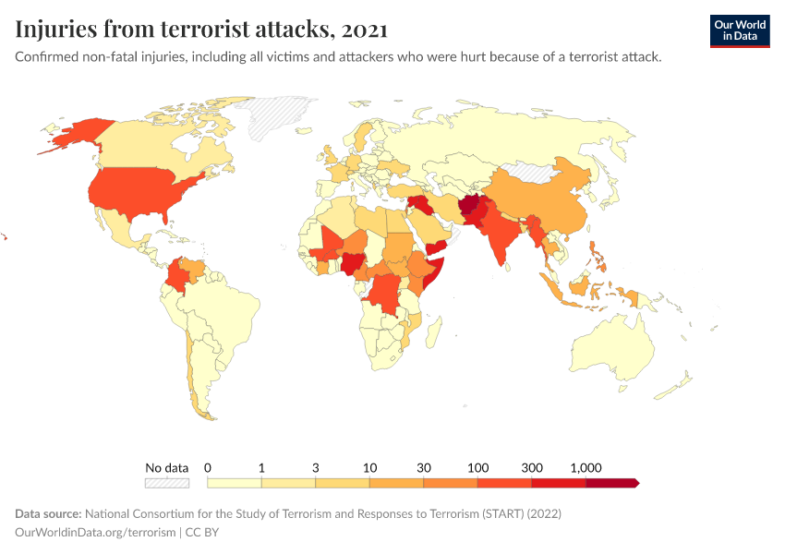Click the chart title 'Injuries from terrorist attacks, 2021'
[x=201, y=30]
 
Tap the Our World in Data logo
[x=739, y=30]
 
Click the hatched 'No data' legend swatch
[x=167, y=482]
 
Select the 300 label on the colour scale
[x=532, y=467]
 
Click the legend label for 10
[x=369, y=467]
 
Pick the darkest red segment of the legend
[x=611, y=482]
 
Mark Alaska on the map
[x=74, y=134]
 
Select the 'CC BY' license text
[x=202, y=532]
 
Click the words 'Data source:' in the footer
[x=48, y=513]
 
